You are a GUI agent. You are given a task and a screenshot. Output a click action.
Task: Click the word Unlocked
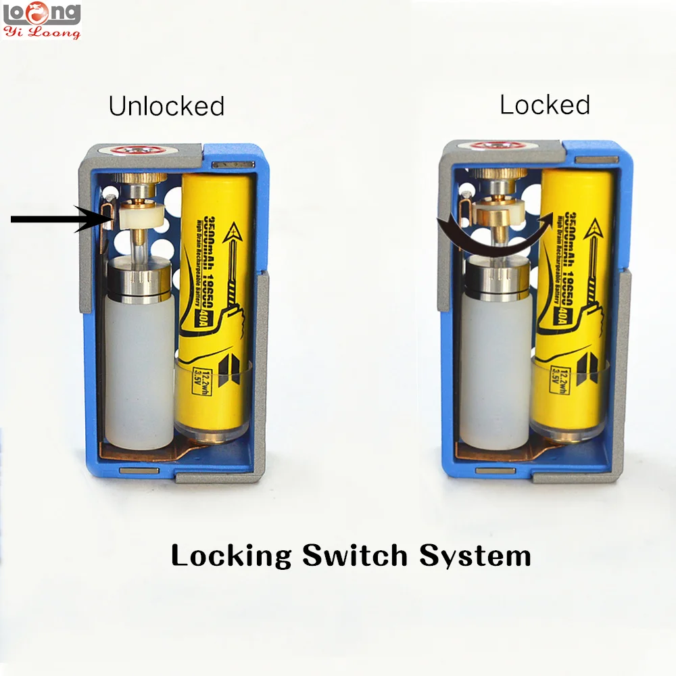point(166,106)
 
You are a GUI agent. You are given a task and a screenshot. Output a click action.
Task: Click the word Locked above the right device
point(545,104)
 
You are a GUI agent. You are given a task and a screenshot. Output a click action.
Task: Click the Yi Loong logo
point(42,20)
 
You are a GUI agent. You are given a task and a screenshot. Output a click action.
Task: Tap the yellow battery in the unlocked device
point(217,304)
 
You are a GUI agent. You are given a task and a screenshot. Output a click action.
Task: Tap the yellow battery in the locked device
point(573,304)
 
